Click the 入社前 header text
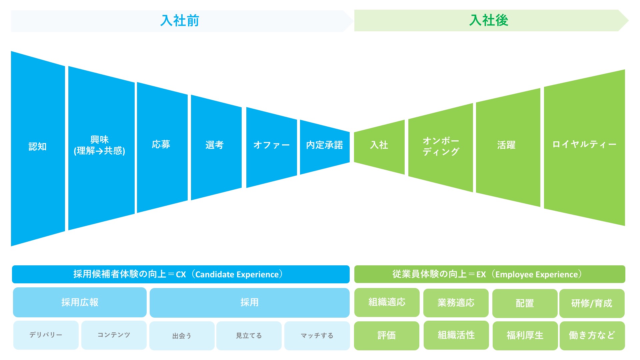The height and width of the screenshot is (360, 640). pyautogui.click(x=180, y=21)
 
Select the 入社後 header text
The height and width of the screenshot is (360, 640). pyautogui.click(x=489, y=20)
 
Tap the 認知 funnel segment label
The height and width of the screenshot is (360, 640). pyautogui.click(x=38, y=147)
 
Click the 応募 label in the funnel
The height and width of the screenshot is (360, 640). pyautogui.click(x=161, y=144)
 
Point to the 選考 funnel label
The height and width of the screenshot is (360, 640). pyautogui.click(x=214, y=145)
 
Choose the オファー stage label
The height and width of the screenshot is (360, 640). pyautogui.click(x=271, y=145)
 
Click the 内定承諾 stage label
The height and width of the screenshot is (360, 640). pyautogui.click(x=324, y=145)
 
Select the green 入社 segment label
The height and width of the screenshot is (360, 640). pyautogui.click(x=379, y=145)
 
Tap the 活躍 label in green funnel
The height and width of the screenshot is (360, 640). pyautogui.click(x=506, y=145)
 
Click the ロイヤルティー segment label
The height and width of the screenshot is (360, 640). pyautogui.click(x=584, y=144)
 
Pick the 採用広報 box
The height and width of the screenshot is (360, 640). pyautogui.click(x=80, y=302)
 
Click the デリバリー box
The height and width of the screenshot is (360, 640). pyautogui.click(x=46, y=335)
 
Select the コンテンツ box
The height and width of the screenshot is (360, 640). pyautogui.click(x=114, y=335)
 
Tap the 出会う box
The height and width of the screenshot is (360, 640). pyautogui.click(x=182, y=336)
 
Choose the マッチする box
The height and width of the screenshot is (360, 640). pyautogui.click(x=317, y=336)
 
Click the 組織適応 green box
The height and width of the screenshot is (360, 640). pyautogui.click(x=387, y=302)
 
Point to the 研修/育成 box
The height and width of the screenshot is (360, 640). pyautogui.click(x=592, y=303)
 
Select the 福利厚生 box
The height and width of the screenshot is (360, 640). pyautogui.click(x=525, y=335)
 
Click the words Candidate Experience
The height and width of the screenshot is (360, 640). pyautogui.click(x=237, y=275)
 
